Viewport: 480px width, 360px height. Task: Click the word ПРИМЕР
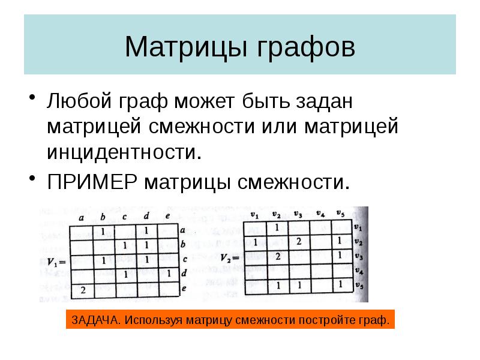point(93,180)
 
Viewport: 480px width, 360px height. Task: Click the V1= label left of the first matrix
point(55,261)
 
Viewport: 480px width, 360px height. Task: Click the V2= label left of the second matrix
point(230,257)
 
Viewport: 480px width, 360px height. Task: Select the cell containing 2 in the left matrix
point(82,290)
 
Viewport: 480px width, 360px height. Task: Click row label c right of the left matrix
point(185,260)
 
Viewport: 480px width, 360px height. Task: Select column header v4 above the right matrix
point(320,214)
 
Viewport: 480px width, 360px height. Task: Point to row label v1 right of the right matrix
point(358,228)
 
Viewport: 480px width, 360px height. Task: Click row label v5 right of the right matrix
point(358,286)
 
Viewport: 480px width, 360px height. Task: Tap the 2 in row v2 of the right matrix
point(298,241)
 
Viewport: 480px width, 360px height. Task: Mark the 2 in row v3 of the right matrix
point(278,256)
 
